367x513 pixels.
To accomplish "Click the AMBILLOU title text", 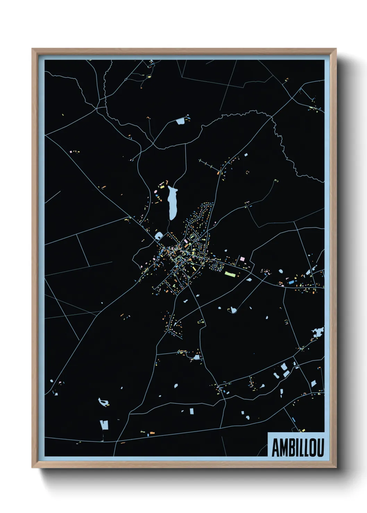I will tap(297, 447).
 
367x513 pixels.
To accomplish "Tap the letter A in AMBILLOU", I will tap(275, 448).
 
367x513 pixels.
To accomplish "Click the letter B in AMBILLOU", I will tap(290, 448).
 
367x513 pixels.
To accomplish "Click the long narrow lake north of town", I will tap(172, 203).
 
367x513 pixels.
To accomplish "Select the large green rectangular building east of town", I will tap(230, 274).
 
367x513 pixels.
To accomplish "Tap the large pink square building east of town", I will tap(242, 259).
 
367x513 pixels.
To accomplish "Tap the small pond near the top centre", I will tap(180, 121).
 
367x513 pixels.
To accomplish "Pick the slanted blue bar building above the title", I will tap(293, 420).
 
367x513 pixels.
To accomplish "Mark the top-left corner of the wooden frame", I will tap(32, 49).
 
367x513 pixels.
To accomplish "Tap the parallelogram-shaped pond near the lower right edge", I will tap(313, 383).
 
